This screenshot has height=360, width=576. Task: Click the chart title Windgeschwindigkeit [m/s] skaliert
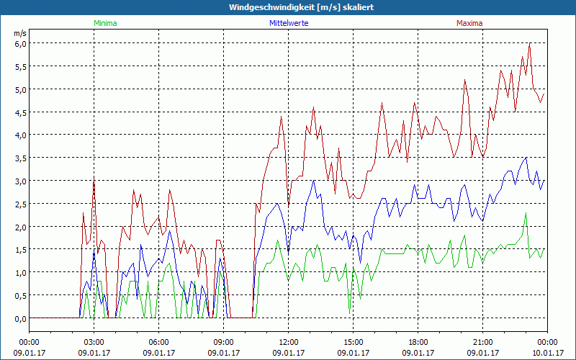(x=288, y=7)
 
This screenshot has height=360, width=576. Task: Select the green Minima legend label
(x=105, y=23)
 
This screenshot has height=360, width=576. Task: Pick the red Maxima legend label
(x=469, y=23)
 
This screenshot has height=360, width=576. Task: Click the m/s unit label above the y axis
(x=19, y=32)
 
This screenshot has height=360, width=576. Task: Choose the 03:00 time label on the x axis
(x=94, y=342)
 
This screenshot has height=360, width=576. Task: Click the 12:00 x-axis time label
(x=289, y=342)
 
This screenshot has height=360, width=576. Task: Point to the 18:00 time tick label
(x=418, y=342)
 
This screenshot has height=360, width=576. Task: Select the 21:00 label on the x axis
(x=483, y=342)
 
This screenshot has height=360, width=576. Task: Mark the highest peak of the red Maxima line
(x=529, y=44)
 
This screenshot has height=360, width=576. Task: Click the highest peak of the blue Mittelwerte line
(x=526, y=158)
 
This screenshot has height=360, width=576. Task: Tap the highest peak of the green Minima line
(x=526, y=212)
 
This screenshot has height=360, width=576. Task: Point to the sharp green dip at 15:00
(x=350, y=311)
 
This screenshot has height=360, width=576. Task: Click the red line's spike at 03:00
(x=94, y=181)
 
